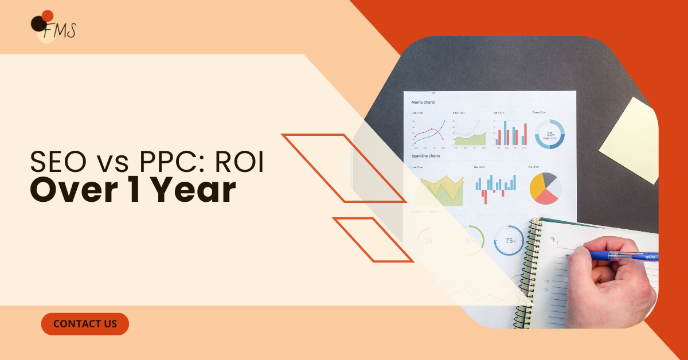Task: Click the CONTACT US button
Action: click(85, 324)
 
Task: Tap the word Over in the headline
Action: click(71, 192)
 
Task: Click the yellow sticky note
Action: click(631, 140)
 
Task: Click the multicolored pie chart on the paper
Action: click(544, 188)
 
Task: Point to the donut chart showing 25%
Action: click(550, 134)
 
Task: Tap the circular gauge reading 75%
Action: click(509, 241)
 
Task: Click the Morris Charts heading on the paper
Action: click(423, 102)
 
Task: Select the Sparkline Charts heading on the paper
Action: click(425, 156)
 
